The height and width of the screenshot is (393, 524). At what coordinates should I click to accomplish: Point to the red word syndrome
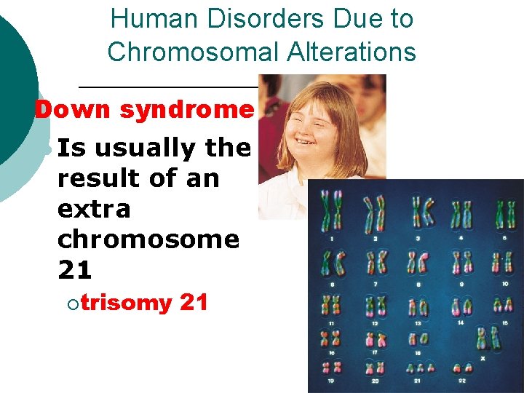pos(186,111)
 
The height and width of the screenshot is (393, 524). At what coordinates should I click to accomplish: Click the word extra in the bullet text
pos(94,209)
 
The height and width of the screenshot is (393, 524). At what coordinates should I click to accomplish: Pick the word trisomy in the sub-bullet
pos(126,302)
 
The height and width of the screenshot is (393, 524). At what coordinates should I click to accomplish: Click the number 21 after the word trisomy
pos(194,302)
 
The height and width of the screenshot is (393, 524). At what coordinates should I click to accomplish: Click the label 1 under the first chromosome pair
pos(332,238)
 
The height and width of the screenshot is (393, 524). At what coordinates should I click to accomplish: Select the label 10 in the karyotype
pos(504,283)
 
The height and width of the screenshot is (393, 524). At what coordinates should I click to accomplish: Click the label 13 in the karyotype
pos(418,322)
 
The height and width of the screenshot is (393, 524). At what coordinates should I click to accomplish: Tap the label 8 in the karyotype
pos(418,283)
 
